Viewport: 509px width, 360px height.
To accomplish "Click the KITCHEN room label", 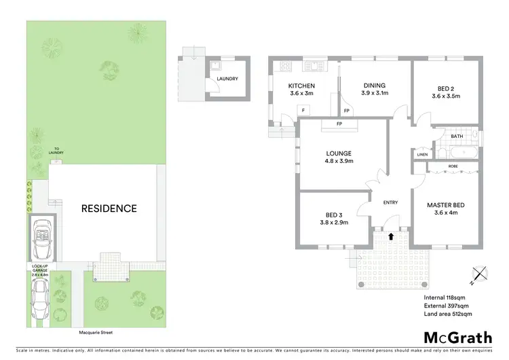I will tap(301, 86).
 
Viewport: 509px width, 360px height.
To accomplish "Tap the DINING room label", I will tap(374, 86).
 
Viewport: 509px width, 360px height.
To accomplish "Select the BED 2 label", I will tap(446, 88).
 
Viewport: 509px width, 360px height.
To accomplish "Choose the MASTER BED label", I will tap(445, 204).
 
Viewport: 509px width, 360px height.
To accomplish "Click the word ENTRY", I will tap(390, 202).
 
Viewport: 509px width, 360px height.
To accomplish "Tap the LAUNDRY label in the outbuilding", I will tap(227, 79).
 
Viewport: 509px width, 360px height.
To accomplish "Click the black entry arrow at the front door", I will tap(391, 236).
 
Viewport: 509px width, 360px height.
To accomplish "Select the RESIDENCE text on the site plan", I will tap(109, 209).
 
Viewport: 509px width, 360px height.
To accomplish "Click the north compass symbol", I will tap(481, 274).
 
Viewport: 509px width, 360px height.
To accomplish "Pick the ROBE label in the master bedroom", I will tap(452, 166).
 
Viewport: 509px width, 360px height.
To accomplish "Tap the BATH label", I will tap(457, 136).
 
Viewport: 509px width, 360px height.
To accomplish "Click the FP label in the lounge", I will tap(338, 124).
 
